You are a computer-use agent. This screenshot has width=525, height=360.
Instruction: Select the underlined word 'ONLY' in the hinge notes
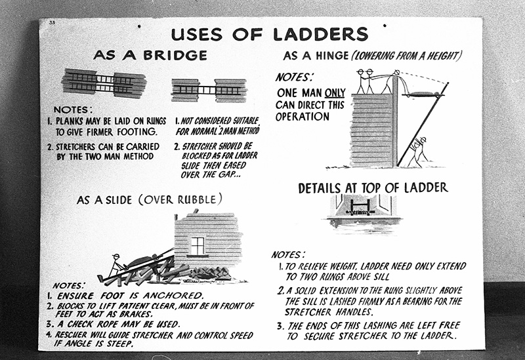coord(333,92)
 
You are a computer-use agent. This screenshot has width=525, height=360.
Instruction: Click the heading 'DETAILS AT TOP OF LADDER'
coord(373,188)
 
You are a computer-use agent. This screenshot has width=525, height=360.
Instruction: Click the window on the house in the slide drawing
coord(197,245)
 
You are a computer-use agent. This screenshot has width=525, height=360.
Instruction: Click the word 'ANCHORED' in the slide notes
coord(159,296)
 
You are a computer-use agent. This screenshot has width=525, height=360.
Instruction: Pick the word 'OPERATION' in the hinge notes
coord(303,117)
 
